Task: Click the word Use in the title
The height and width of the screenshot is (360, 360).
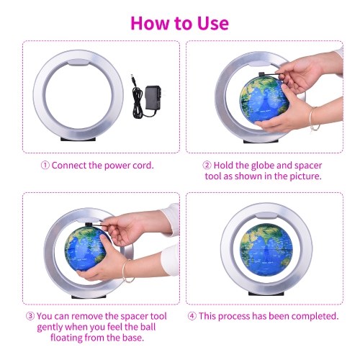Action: click(x=213, y=23)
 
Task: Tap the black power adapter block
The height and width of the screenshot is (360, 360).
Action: click(x=153, y=98)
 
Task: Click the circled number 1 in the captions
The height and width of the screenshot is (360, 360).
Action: click(x=45, y=166)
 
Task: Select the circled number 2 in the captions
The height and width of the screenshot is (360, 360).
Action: click(x=207, y=166)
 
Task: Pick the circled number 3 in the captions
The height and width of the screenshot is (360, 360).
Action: click(x=30, y=316)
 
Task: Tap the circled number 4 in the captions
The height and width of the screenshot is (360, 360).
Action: click(x=192, y=316)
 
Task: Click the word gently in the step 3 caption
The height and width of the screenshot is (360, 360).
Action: click(x=50, y=328)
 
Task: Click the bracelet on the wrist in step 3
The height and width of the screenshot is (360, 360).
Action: click(x=127, y=271)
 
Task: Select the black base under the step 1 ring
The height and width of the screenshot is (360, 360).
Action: click(x=78, y=139)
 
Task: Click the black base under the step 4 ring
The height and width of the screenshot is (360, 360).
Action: click(x=266, y=293)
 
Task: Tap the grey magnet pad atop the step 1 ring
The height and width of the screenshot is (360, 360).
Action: click(x=78, y=63)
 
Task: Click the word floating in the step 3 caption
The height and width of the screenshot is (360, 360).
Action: click(x=66, y=338)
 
